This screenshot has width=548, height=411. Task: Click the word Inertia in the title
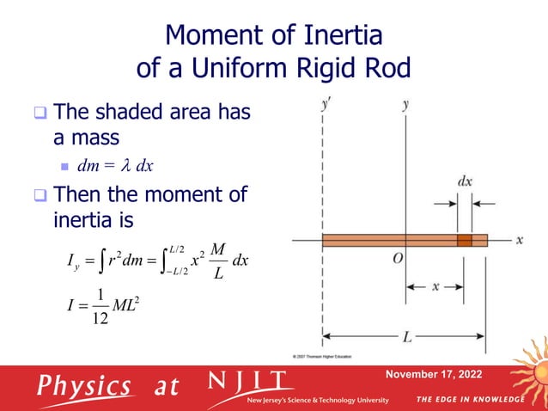[x=332, y=37]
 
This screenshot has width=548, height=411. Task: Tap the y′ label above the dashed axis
[x=326, y=107]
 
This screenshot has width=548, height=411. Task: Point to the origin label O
[x=399, y=261]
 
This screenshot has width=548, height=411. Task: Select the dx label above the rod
[x=464, y=182]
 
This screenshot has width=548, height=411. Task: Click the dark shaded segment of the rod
[x=464, y=240]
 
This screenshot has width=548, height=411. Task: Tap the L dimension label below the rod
[x=406, y=336]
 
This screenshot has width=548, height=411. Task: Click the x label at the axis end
[x=520, y=240]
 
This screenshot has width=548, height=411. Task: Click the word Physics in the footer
[x=82, y=386]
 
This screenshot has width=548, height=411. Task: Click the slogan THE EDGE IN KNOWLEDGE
[x=469, y=400]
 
